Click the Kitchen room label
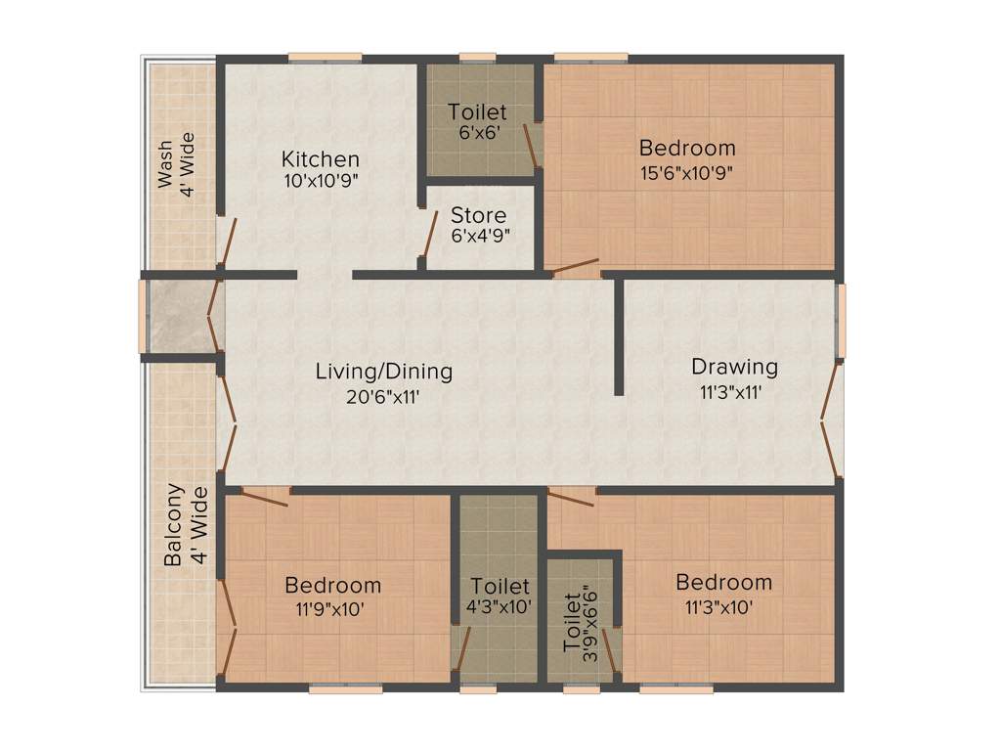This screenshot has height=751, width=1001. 321,158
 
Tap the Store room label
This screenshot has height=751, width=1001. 479,215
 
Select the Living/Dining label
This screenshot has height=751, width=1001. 384,372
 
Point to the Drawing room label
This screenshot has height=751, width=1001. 734,368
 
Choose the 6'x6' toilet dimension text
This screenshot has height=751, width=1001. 478,134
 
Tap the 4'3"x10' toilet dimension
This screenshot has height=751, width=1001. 500,607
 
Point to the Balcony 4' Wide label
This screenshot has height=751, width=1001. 186,525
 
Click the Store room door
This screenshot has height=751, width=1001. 428,235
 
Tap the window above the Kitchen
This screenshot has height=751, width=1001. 325,57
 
